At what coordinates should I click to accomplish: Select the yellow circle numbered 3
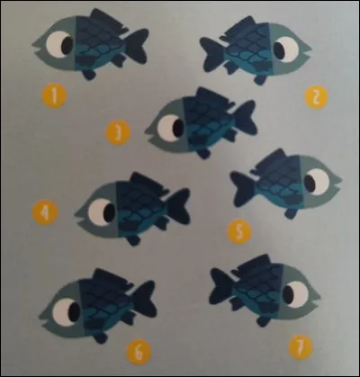pyautogui.click(x=117, y=135)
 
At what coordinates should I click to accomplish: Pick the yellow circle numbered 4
pyautogui.click(x=43, y=212)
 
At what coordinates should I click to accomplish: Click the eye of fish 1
pyautogui.click(x=60, y=43)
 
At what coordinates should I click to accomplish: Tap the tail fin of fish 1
pyautogui.click(x=135, y=45)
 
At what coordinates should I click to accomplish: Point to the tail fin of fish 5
pyautogui.click(x=241, y=189)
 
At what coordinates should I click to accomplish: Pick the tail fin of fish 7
pyautogui.click(x=220, y=288)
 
